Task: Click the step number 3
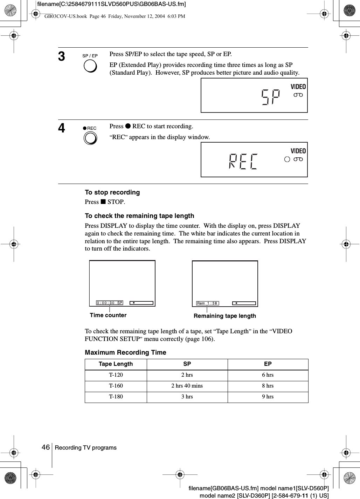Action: [x=62, y=56]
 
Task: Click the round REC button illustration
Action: [x=90, y=138]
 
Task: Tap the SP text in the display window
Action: [x=271, y=97]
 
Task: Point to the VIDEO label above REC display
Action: [x=298, y=151]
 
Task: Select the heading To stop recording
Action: [x=112, y=192]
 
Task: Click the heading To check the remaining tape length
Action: [x=139, y=216]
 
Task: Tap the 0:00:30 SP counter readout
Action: [x=110, y=303]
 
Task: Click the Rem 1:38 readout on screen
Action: [x=208, y=303]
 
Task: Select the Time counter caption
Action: [x=108, y=315]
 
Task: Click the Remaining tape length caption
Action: [x=225, y=316]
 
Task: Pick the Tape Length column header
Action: [x=116, y=364]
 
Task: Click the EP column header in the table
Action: [x=268, y=364]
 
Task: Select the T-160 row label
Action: [x=116, y=386]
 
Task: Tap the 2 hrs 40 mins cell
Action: [x=187, y=386]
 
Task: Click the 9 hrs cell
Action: [x=268, y=397]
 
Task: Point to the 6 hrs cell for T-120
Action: [x=268, y=375]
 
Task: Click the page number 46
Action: [x=46, y=447]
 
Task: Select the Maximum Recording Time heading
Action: [x=125, y=352]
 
